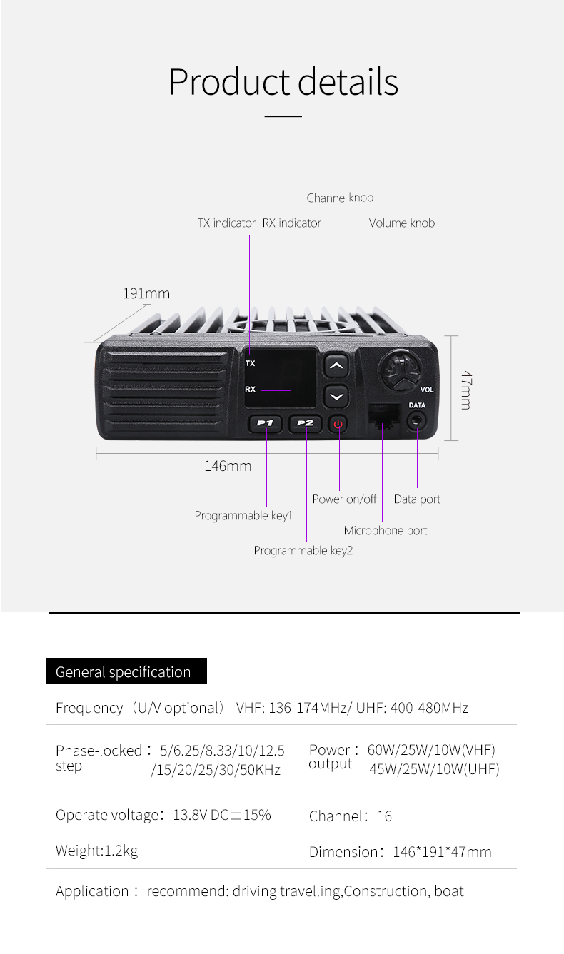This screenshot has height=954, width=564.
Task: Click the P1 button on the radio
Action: click(266, 423)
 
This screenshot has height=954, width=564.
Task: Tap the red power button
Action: click(338, 424)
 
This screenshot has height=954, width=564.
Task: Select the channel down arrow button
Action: click(336, 396)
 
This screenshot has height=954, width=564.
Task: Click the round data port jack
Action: click(417, 421)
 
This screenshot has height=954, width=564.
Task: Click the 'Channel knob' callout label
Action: click(340, 198)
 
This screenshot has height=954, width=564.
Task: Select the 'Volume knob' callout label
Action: click(401, 223)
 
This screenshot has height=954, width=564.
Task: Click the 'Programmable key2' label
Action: click(303, 550)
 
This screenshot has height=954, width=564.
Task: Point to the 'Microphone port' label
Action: click(385, 530)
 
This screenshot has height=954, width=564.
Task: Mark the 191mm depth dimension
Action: click(146, 293)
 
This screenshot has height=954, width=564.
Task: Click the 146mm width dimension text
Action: click(228, 466)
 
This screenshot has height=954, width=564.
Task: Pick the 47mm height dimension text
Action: click(465, 389)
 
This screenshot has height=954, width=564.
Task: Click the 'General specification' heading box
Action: click(126, 671)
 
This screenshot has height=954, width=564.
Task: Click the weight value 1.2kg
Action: click(121, 851)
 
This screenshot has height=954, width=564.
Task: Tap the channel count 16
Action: click(384, 816)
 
